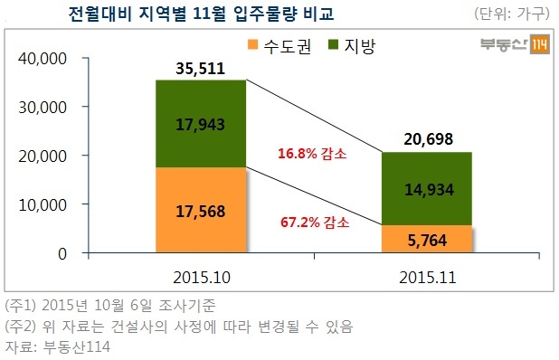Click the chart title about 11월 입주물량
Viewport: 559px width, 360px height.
tap(201, 14)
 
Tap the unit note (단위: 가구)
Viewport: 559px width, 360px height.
tap(511, 14)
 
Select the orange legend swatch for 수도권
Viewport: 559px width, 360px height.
tap(252, 44)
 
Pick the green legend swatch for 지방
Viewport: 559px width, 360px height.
tap(333, 44)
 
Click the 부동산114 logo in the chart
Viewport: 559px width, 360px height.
tap(515, 44)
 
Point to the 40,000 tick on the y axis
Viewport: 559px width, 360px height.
tap(43, 59)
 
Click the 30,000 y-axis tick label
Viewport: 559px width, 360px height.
tap(43, 108)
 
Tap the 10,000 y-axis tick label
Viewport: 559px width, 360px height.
tap(43, 205)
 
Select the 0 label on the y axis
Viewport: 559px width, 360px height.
tap(62, 254)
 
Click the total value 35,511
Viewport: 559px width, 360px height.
tap(201, 69)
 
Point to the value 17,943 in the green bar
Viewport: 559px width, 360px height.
tap(201, 125)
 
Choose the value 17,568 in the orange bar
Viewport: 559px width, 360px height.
tap(201, 212)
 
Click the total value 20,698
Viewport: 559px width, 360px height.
tap(428, 138)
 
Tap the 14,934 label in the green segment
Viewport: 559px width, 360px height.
tap(429, 189)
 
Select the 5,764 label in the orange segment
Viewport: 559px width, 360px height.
tap(427, 241)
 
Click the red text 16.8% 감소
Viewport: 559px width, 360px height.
tap(312, 154)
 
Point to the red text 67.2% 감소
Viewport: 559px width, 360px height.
tap(315, 222)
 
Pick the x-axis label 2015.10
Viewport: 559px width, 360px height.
tap(202, 278)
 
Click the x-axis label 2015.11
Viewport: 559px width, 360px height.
tap(428, 278)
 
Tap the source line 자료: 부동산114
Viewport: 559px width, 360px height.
tap(58, 346)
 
